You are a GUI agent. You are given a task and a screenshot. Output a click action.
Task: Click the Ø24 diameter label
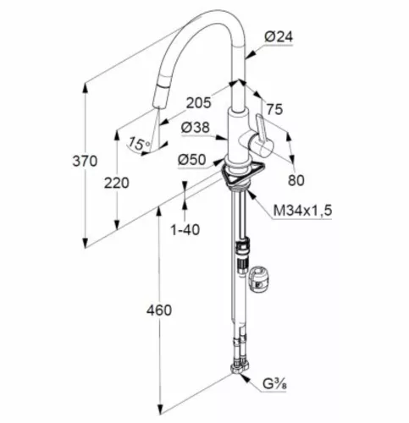pyautogui.click(x=279, y=37)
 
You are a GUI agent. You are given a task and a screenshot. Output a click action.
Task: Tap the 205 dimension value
pyautogui.click(x=198, y=102)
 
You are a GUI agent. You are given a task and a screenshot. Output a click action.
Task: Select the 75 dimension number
pyautogui.click(x=274, y=109)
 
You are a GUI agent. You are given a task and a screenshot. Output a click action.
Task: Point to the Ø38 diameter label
pyautogui.click(x=196, y=128)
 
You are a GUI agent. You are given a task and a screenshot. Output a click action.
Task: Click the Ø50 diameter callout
pyautogui.click(x=192, y=160)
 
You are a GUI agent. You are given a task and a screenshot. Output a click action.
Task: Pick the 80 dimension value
pyautogui.click(x=296, y=180)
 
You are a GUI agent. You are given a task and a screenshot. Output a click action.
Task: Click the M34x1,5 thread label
pyautogui.click(x=302, y=211)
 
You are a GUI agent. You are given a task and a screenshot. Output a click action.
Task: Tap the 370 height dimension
pyautogui.click(x=85, y=161)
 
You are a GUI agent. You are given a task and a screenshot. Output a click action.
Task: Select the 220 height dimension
pyautogui.click(x=117, y=183)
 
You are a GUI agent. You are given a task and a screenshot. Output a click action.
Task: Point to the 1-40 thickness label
pyautogui.click(x=185, y=230)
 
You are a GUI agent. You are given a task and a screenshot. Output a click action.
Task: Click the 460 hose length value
pyautogui.click(x=159, y=310)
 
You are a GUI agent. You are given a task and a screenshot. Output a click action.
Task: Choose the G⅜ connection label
pyautogui.click(x=274, y=384)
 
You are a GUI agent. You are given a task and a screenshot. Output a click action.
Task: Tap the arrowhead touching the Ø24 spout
pyautogui.click(x=250, y=55)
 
